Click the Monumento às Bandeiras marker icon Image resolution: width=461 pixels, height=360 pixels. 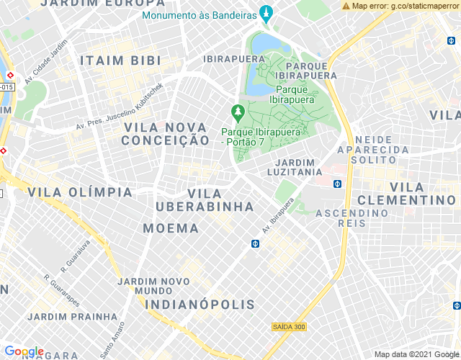(267, 14)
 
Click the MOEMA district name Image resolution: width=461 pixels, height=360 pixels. (171, 228)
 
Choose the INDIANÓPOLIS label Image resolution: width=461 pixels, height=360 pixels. (200, 305)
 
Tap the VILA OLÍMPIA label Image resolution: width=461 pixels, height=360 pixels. (80, 192)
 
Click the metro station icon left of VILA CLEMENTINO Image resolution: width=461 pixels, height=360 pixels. (337, 184)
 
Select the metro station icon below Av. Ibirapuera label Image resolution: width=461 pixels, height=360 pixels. (255, 243)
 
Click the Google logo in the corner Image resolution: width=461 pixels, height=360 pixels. (24, 351)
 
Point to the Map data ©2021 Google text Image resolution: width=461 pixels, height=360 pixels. (416, 354)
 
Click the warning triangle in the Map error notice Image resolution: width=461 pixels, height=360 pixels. (346, 6)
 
